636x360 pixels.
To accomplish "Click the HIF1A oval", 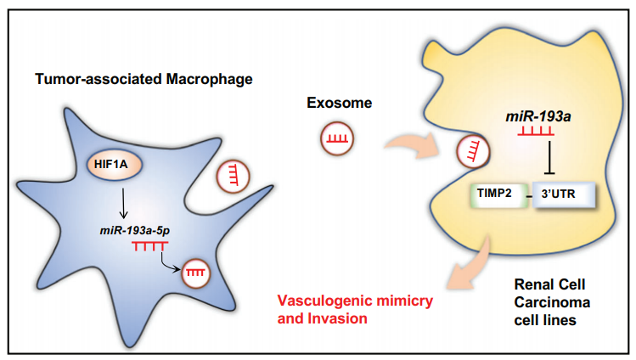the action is click(115, 165).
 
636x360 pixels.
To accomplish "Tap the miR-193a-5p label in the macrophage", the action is click(135, 231).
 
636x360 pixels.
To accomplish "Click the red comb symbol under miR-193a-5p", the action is click(149, 245).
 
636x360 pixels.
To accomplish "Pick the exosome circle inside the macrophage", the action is click(196, 273).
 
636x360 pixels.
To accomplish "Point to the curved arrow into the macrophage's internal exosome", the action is click(166, 263).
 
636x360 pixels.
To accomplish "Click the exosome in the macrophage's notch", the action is click(233, 177).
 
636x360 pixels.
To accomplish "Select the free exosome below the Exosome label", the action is click(337, 138).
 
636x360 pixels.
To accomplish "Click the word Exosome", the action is click(339, 103).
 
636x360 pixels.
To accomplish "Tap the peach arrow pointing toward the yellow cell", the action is click(413, 145).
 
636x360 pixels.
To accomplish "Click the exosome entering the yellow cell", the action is click(473, 152).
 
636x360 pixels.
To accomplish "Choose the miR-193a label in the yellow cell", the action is click(538, 117).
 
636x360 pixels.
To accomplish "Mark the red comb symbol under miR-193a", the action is click(536, 131).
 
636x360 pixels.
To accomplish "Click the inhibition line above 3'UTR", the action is click(549, 158).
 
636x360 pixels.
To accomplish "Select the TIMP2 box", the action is click(499, 195).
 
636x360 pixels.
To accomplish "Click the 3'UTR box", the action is click(564, 195).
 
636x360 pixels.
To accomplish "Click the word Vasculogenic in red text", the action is click(324, 301).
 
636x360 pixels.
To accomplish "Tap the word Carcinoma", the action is click(552, 302).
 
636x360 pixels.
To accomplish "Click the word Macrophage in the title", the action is click(209, 79).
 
